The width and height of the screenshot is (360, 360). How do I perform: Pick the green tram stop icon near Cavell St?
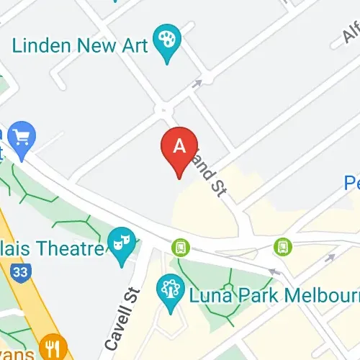point(180,248)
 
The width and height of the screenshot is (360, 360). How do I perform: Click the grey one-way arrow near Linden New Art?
point(197,84)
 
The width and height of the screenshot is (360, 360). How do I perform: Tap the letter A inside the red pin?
point(180,144)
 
